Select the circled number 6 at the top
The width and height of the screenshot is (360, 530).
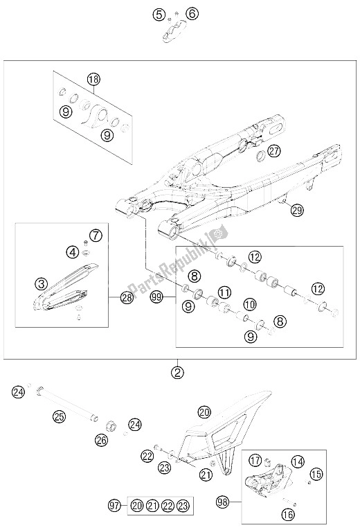[x=192, y=14]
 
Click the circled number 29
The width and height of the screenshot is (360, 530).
[x=297, y=211]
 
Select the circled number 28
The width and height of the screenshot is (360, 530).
[x=127, y=297]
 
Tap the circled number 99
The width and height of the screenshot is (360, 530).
[x=156, y=298]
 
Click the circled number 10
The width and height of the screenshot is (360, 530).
[x=251, y=304]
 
